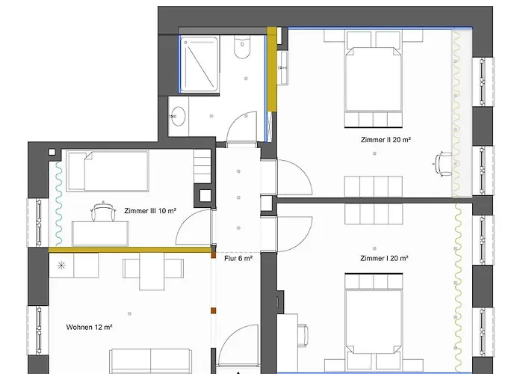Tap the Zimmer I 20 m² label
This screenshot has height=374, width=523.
[384, 259]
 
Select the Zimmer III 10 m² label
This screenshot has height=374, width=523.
[150, 212]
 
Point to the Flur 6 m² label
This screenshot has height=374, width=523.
[238, 259]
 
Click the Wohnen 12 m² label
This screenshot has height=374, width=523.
[89, 328]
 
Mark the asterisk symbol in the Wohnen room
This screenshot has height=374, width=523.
[61, 265]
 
